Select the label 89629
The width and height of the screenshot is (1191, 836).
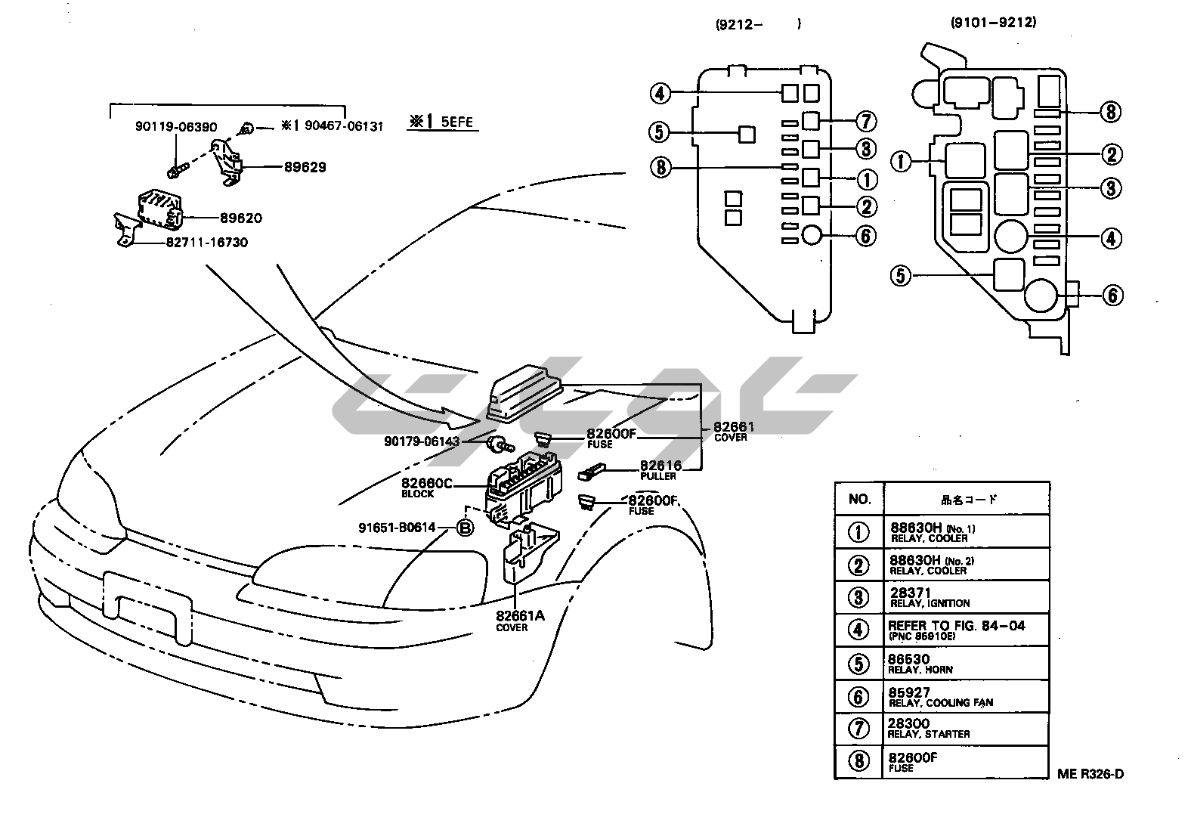click(305, 167)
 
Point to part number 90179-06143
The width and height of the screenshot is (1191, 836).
click(421, 441)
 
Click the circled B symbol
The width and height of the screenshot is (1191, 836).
click(466, 528)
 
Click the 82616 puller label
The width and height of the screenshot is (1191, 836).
click(660, 469)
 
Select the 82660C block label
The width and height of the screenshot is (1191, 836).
click(426, 487)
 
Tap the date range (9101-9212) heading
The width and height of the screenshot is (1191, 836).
click(993, 23)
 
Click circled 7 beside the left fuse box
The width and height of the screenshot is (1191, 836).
click(865, 121)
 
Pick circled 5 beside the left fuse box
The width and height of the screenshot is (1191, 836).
click(659, 133)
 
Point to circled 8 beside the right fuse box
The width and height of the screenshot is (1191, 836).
click(1110, 113)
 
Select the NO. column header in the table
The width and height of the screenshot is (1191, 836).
click(859, 499)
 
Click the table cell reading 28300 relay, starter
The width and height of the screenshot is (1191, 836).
click(929, 729)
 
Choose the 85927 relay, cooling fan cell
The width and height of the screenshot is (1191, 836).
click(940, 696)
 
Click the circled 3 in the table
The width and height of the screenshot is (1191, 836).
click(859, 597)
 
